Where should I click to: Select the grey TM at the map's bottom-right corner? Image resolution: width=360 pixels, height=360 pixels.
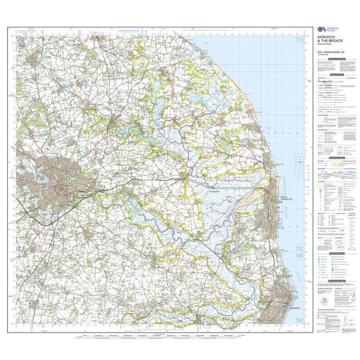tap(300, 320)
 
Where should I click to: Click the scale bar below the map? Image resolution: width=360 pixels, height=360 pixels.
tap(157, 335)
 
